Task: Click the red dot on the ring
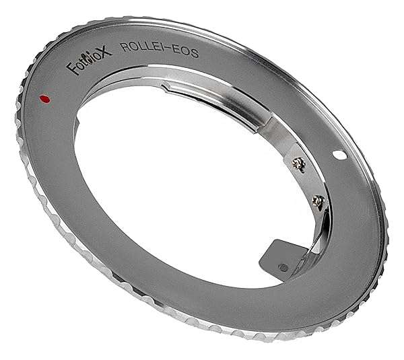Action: click(x=45, y=99)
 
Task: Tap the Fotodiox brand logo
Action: click(x=89, y=61)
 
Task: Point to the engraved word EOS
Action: click(x=187, y=52)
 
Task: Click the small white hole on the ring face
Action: click(x=339, y=155)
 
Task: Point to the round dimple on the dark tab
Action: click(x=283, y=268)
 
